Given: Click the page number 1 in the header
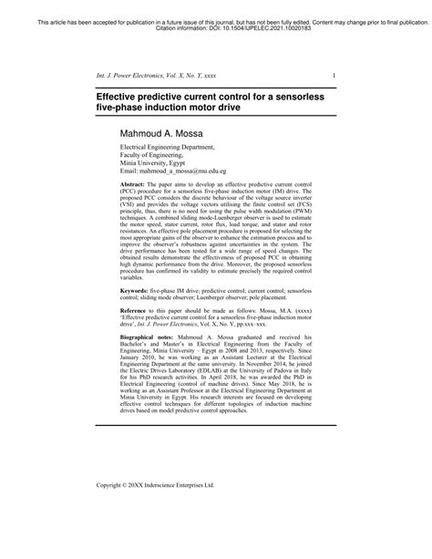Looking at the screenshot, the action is click(334, 75).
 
